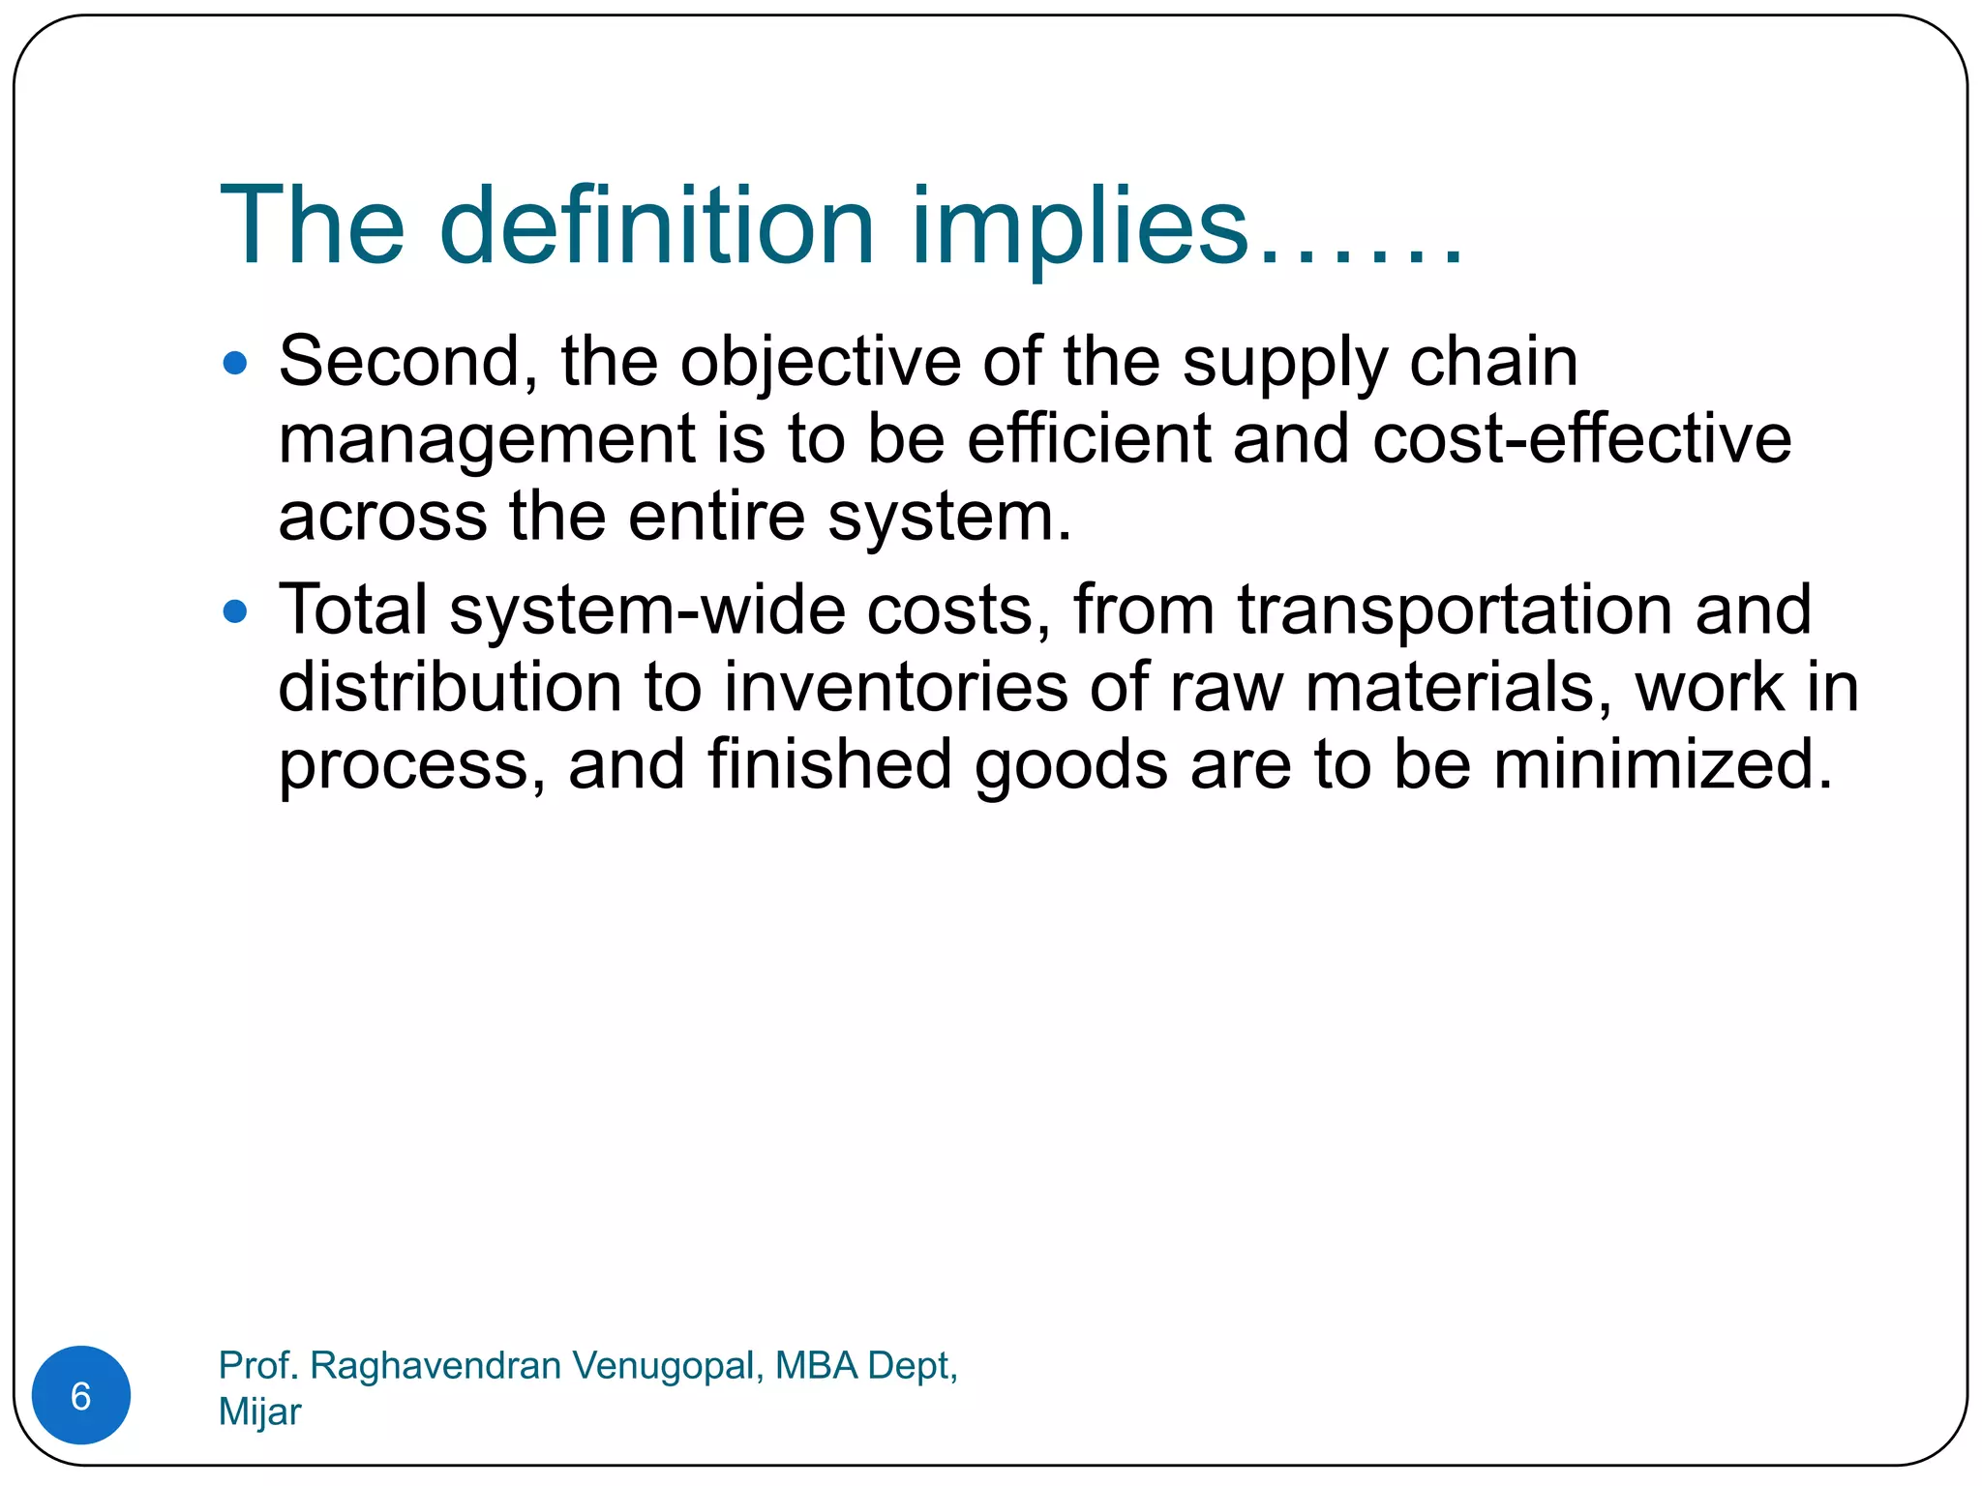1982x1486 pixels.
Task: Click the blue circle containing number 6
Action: click(81, 1395)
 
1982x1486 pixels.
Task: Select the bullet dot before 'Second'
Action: click(235, 364)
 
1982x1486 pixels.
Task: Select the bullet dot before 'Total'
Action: click(235, 611)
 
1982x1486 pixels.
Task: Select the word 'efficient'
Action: click(1088, 438)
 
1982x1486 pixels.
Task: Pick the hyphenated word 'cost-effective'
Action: click(1581, 438)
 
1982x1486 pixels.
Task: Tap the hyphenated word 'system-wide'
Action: click(646, 610)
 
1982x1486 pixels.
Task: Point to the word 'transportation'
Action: click(1455, 610)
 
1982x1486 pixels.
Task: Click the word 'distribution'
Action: click(449, 687)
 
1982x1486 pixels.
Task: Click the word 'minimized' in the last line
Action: click(1661, 764)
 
